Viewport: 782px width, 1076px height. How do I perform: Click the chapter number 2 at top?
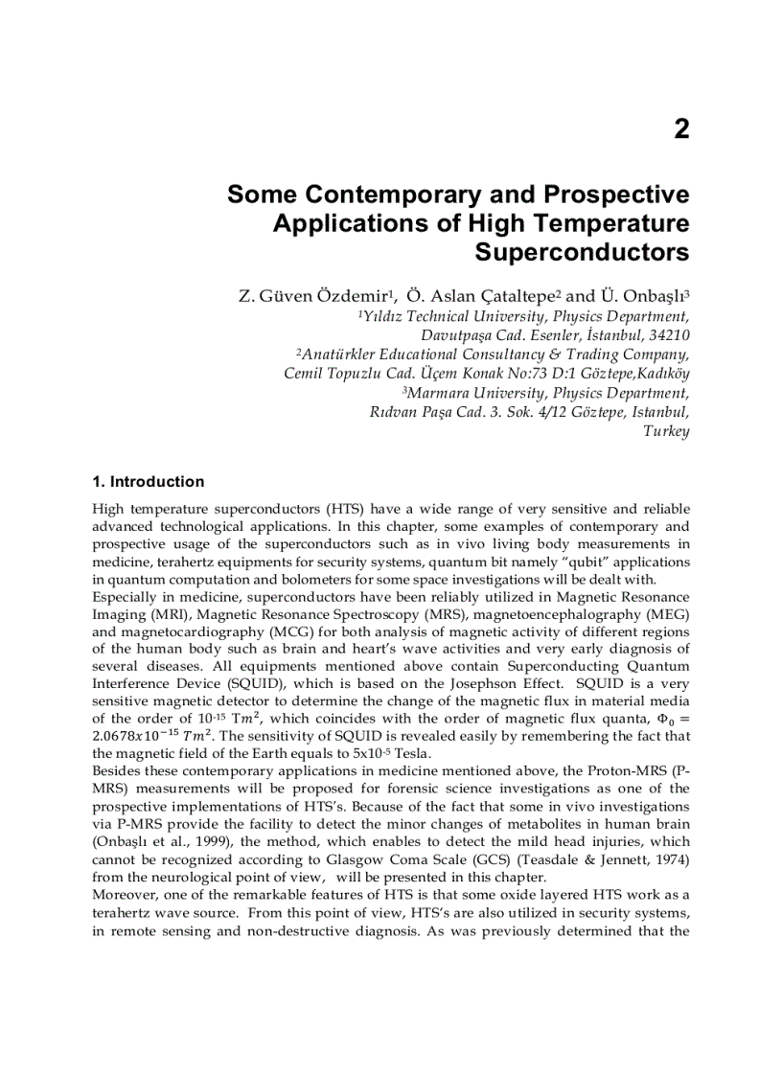tap(680, 130)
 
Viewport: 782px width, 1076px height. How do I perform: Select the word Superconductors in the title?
tap(582, 253)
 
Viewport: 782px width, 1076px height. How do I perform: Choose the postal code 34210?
tap(666, 335)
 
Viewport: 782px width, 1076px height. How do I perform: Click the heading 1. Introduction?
tap(148, 482)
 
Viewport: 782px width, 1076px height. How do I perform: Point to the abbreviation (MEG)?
tap(666, 613)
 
